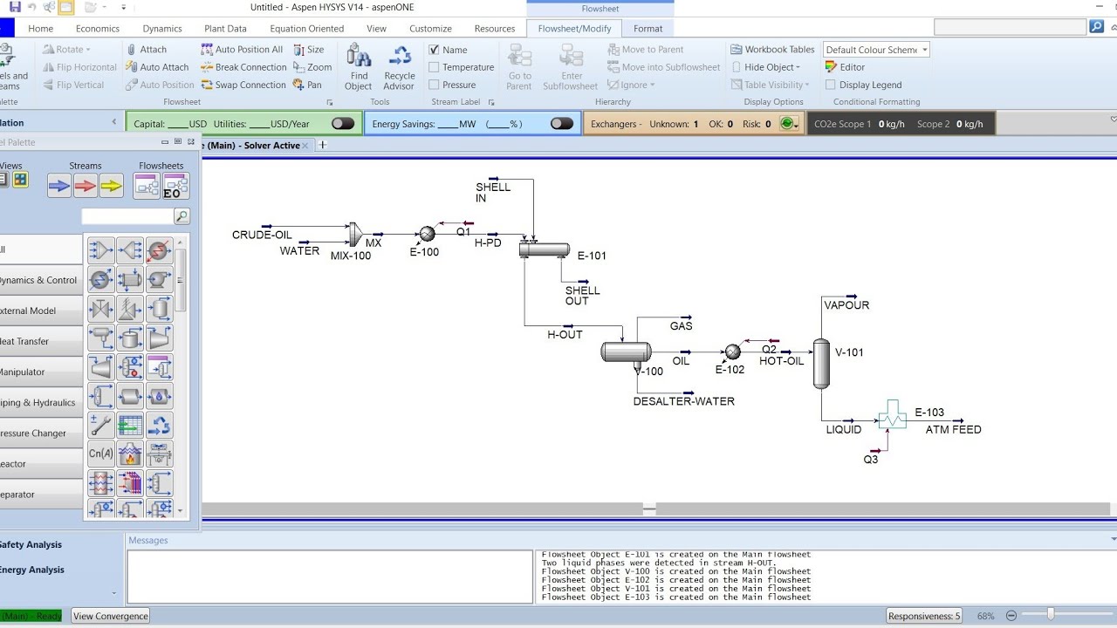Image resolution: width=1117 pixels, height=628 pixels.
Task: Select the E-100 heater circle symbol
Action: click(427, 234)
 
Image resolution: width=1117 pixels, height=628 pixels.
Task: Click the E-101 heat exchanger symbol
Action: click(544, 249)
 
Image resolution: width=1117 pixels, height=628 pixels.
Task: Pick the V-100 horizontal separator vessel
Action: click(626, 352)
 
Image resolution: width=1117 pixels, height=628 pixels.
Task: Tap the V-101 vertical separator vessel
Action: click(821, 363)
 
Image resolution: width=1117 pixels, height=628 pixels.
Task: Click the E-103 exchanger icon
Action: click(892, 416)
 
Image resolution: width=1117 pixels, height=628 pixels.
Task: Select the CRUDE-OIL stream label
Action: click(262, 235)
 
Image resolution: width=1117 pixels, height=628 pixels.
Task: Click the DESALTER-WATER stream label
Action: click(683, 402)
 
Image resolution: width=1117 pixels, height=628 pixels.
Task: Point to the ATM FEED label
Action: click(953, 430)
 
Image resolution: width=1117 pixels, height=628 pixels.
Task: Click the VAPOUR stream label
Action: click(846, 305)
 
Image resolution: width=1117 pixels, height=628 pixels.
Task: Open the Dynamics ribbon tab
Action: click(162, 29)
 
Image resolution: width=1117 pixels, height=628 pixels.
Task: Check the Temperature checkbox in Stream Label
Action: click(435, 67)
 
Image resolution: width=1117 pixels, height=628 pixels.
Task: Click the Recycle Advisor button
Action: click(399, 68)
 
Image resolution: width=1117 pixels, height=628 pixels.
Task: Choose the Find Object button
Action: click(358, 68)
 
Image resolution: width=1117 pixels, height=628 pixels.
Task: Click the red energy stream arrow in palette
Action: click(86, 185)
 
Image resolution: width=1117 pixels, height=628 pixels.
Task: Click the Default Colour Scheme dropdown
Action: click(876, 50)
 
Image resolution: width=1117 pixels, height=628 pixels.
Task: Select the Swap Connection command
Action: click(243, 85)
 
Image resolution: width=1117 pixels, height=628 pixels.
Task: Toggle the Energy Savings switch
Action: click(561, 124)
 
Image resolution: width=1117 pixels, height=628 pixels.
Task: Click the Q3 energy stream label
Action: click(871, 460)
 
